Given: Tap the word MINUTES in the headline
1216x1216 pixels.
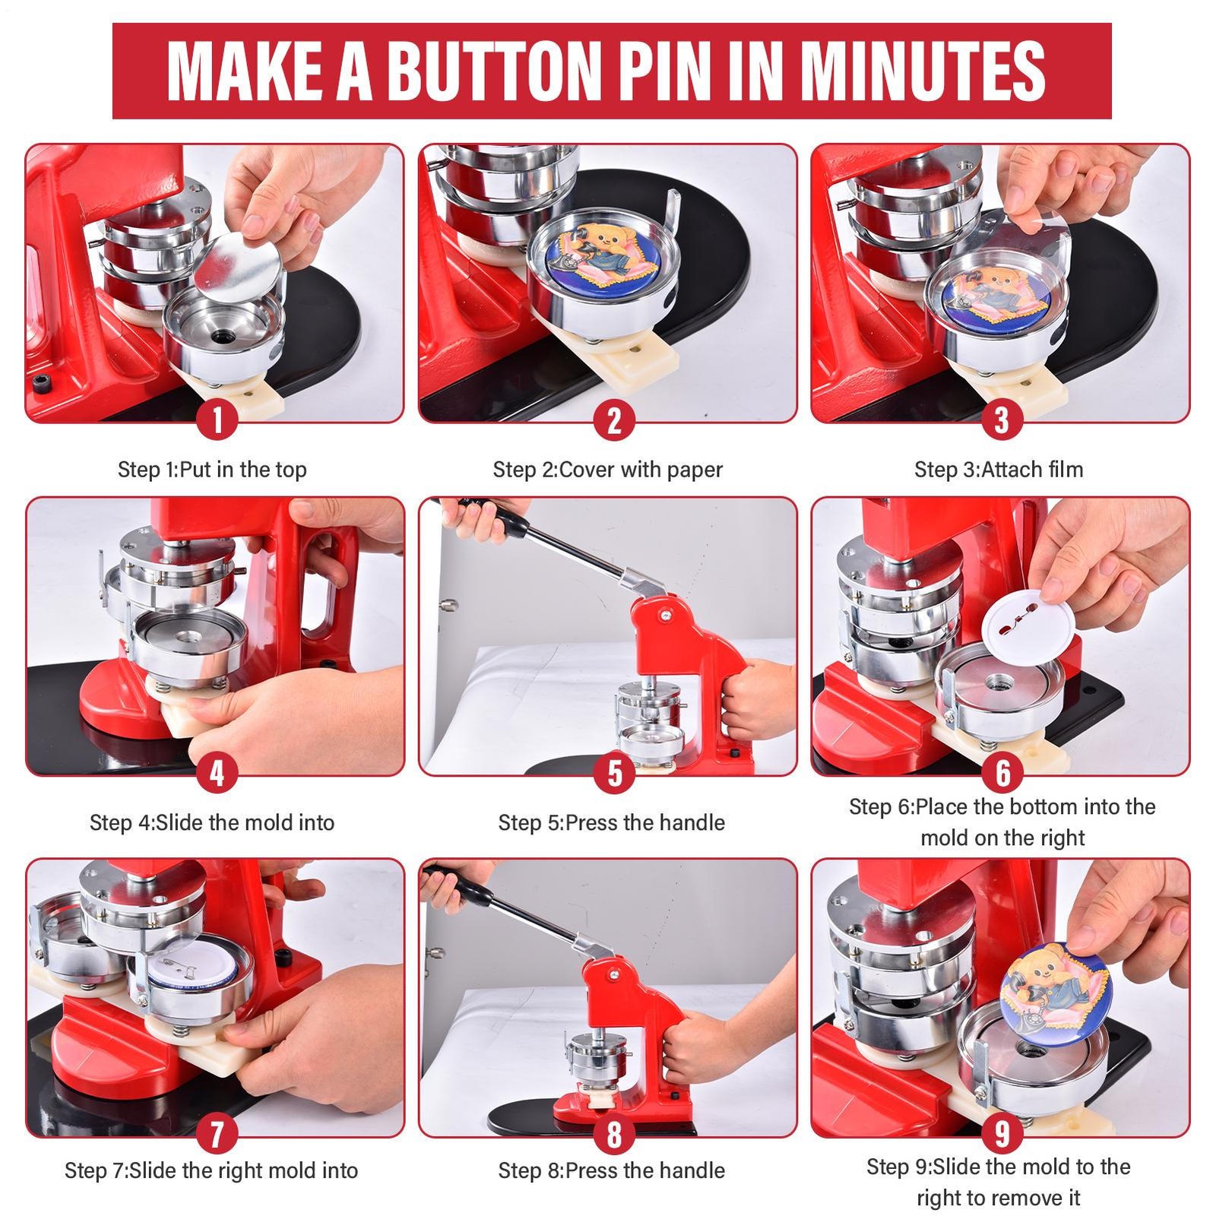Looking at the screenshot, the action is [x=923, y=71].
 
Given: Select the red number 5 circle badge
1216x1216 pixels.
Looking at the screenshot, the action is [x=614, y=774].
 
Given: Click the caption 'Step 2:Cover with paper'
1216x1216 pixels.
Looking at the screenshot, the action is [x=607, y=470].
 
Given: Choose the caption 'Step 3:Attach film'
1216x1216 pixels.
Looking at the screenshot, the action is [x=999, y=470].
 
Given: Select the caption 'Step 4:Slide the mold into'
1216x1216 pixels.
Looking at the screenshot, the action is [x=212, y=822].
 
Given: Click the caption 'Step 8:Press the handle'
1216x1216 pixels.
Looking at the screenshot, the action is [x=612, y=1170].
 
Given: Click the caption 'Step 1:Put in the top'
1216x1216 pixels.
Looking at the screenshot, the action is [x=212, y=470].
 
